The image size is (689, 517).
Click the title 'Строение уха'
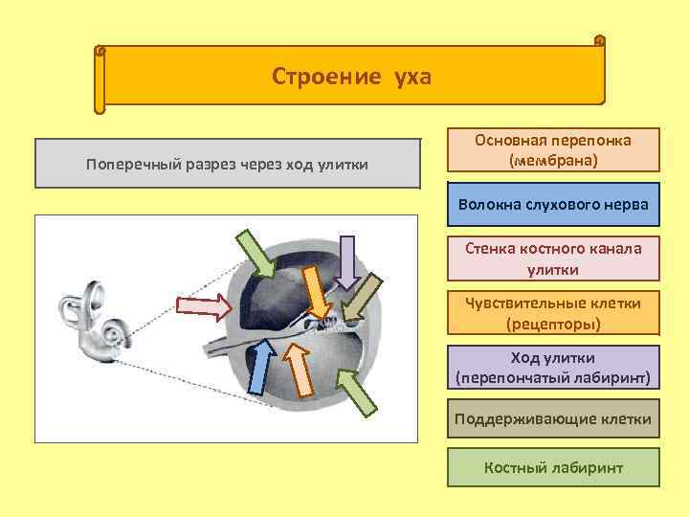click(x=352, y=76)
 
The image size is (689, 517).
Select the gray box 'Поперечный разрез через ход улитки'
click(x=228, y=164)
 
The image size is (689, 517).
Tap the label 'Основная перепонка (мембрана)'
click(x=553, y=150)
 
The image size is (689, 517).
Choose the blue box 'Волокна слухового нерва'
click(x=553, y=205)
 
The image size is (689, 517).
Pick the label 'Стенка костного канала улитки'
click(x=553, y=258)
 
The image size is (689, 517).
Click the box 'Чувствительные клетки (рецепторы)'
click(x=553, y=313)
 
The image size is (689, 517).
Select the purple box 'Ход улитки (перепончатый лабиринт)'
click(x=553, y=368)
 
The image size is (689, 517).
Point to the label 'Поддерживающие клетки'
click(x=553, y=419)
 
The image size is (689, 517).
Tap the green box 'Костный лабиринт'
click(x=553, y=468)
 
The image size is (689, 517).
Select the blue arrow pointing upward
click(x=259, y=368)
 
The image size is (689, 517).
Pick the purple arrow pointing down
click(x=347, y=260)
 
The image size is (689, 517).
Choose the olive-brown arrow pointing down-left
click(x=360, y=298)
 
